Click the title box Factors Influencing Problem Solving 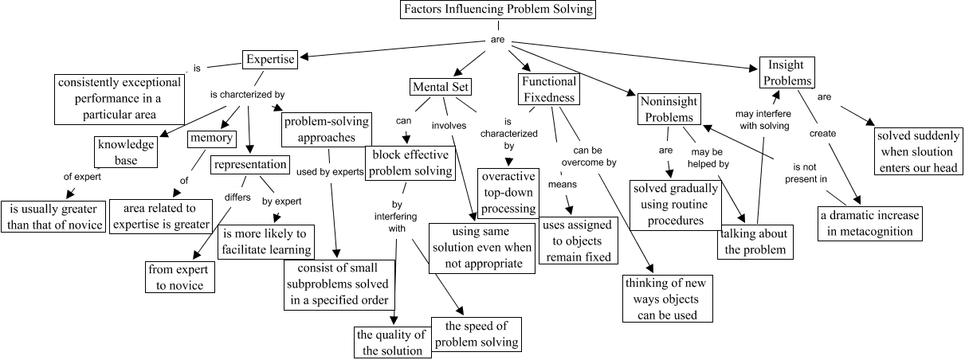[x=497, y=10]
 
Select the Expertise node [x=270, y=60]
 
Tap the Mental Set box [x=440, y=86]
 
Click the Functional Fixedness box [x=548, y=89]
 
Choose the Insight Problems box [x=786, y=72]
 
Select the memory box [x=211, y=139]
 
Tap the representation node [x=249, y=165]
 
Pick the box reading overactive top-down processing [x=508, y=192]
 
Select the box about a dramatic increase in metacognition [x=869, y=223]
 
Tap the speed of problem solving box [x=477, y=335]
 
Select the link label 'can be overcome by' [x=594, y=155]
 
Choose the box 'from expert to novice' [x=180, y=276]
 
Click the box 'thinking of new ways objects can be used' [x=668, y=298]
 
